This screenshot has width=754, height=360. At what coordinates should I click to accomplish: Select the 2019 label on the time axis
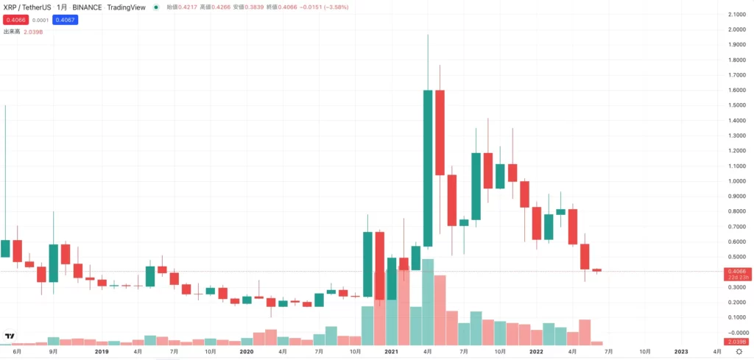(102, 352)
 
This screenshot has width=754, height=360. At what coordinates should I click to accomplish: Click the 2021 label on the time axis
(391, 352)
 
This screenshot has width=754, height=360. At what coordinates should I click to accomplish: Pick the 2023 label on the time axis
(681, 352)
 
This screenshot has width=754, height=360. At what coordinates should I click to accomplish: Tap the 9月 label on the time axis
(53, 352)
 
